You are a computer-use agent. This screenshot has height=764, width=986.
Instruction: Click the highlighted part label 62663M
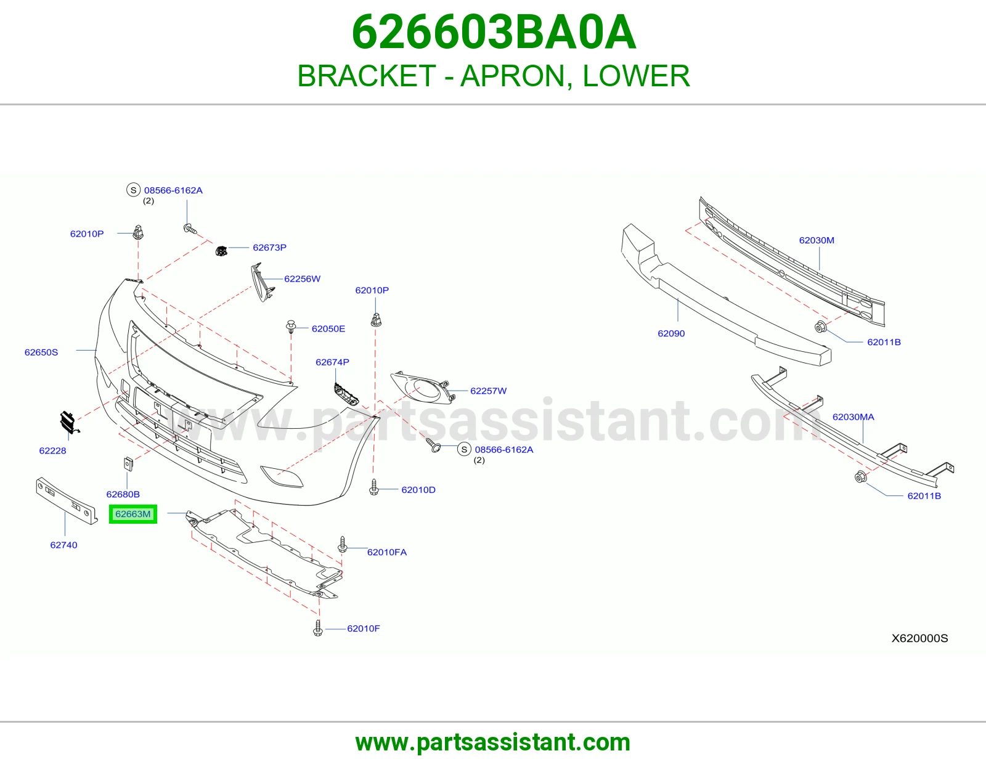pos(133,514)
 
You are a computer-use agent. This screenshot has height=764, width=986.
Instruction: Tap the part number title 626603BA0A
pos(494,32)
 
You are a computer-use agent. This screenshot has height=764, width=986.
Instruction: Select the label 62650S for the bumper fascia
pos(41,352)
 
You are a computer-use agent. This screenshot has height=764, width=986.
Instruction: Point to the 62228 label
pos(52,450)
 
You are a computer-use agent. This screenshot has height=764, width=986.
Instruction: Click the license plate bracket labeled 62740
pos(67,500)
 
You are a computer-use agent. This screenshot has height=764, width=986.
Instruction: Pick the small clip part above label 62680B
pos(128,464)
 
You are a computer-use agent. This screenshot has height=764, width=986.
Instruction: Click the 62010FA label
pos(387,552)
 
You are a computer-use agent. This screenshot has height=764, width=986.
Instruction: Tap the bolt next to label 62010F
pos(318,628)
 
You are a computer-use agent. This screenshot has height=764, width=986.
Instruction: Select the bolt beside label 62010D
pos(374,487)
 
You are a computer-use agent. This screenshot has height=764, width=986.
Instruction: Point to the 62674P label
pos(332,362)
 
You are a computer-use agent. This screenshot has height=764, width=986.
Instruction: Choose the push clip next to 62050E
pos(291,326)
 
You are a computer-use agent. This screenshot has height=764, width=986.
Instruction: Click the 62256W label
pos(302,278)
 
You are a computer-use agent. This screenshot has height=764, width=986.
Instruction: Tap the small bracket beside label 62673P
pos(221,250)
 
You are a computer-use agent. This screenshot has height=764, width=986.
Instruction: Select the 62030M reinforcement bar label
pos(817,240)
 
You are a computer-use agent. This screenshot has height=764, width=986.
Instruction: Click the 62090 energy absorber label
pos(671,333)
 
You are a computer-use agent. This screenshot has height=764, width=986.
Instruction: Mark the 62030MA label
pos(853,417)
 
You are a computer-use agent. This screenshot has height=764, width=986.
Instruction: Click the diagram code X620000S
pos(919,638)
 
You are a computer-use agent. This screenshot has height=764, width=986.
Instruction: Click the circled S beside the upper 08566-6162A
pos(133,190)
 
